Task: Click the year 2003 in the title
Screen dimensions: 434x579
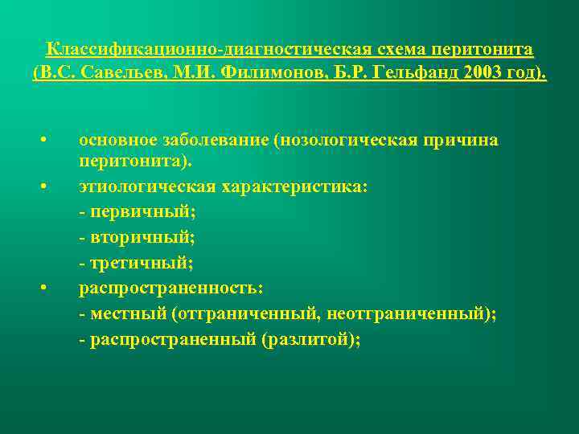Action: tap(479, 74)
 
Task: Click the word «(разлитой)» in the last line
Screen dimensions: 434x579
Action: tap(310, 339)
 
